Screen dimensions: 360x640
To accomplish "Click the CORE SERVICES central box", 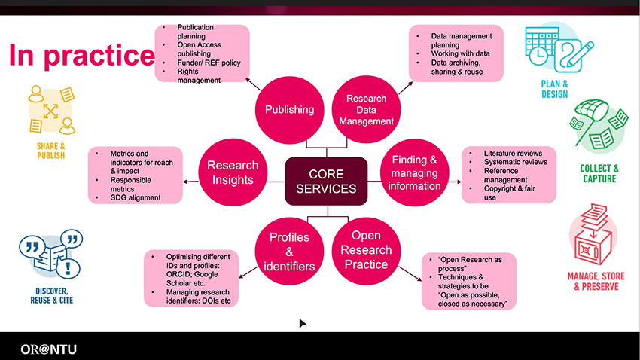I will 325,181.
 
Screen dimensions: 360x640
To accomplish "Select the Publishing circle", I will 289,110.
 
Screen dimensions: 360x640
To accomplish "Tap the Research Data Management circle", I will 366,110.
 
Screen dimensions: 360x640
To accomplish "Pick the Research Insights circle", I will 233,172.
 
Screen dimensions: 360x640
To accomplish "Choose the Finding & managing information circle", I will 414,172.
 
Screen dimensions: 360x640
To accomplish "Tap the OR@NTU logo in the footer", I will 48,349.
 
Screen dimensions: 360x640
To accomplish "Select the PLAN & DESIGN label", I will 554,90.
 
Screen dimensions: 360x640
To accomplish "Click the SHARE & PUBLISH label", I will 50,151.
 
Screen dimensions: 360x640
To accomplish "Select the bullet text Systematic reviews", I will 516,162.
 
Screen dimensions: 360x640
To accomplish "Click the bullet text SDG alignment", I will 136,198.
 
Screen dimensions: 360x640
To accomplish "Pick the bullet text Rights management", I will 200,76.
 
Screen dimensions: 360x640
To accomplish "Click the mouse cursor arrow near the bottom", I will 303,323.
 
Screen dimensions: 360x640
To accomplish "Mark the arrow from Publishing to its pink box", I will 251,81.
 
